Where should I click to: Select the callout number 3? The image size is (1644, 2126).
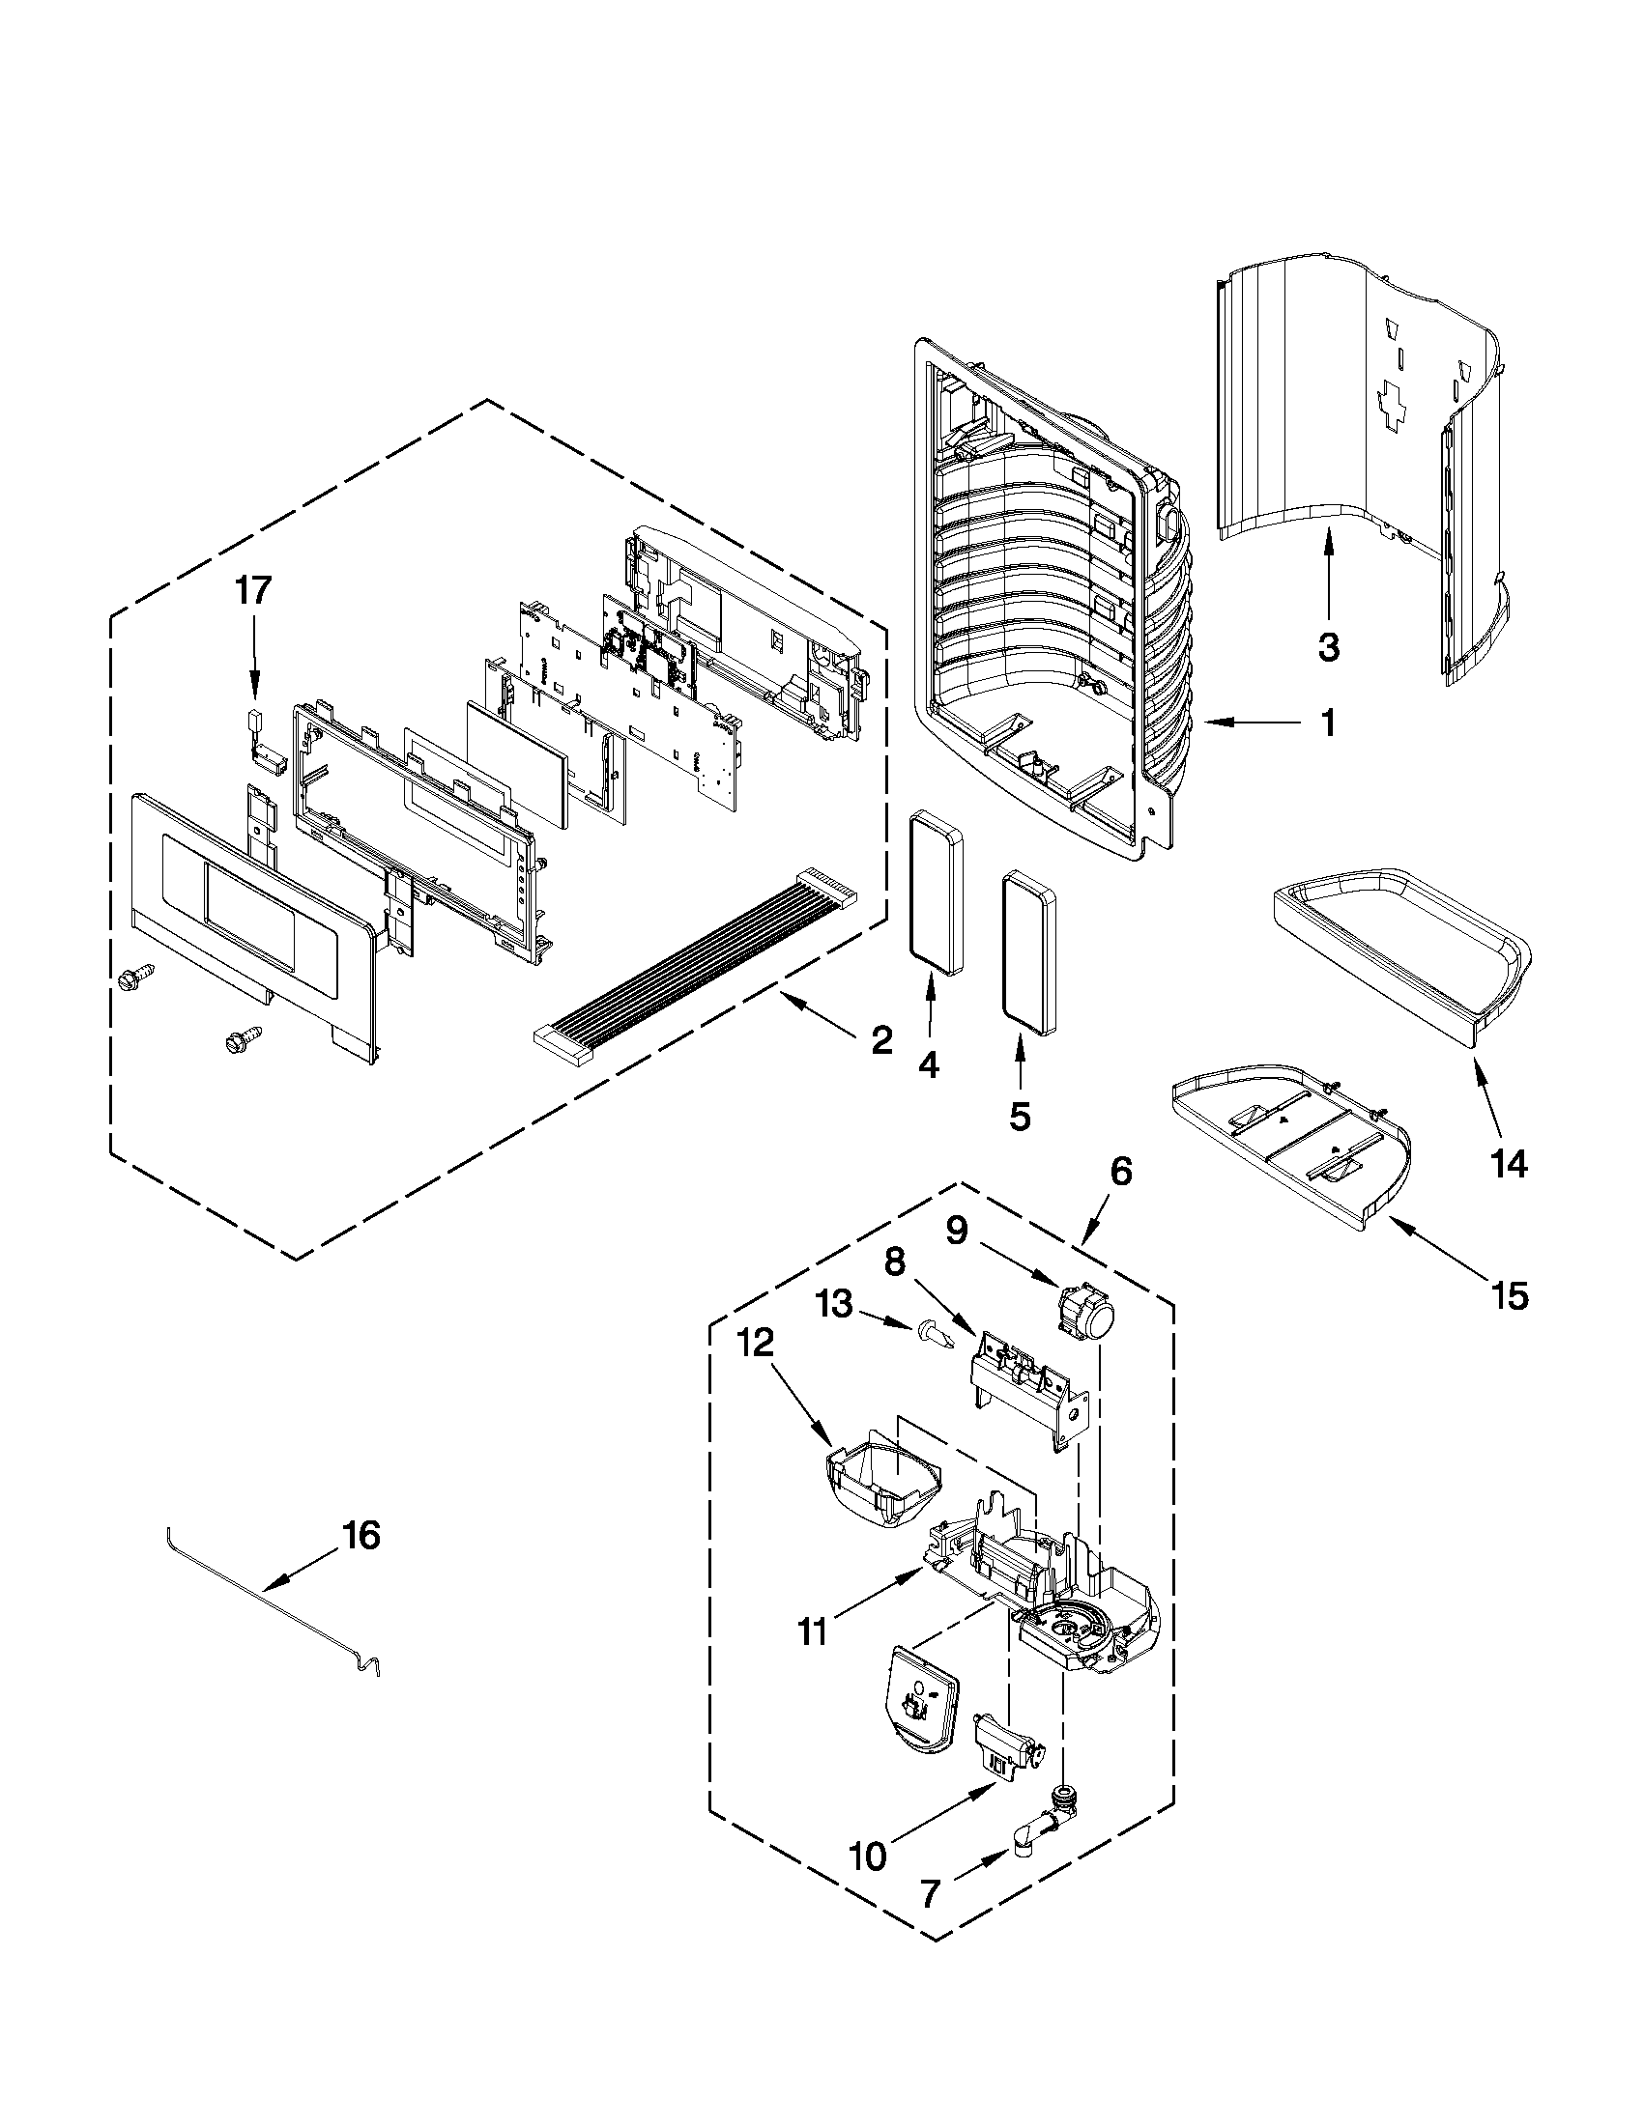click(1330, 645)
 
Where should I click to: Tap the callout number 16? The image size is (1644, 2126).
click(361, 1537)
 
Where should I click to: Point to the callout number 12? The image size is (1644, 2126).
click(755, 1344)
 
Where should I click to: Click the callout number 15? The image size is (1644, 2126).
click(1509, 1295)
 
